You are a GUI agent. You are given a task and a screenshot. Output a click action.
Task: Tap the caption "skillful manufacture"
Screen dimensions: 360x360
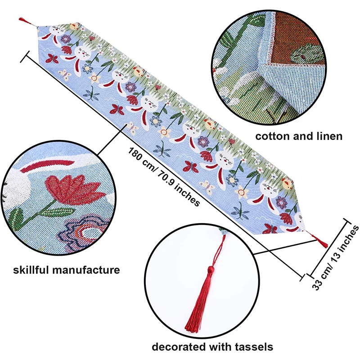point(66,270)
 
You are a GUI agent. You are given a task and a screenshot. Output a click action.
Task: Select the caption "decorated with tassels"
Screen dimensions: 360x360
point(212,346)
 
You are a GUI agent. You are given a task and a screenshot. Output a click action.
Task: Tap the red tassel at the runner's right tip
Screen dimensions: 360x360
point(323,242)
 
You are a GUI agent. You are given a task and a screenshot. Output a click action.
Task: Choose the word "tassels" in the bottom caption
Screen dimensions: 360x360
point(253,346)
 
